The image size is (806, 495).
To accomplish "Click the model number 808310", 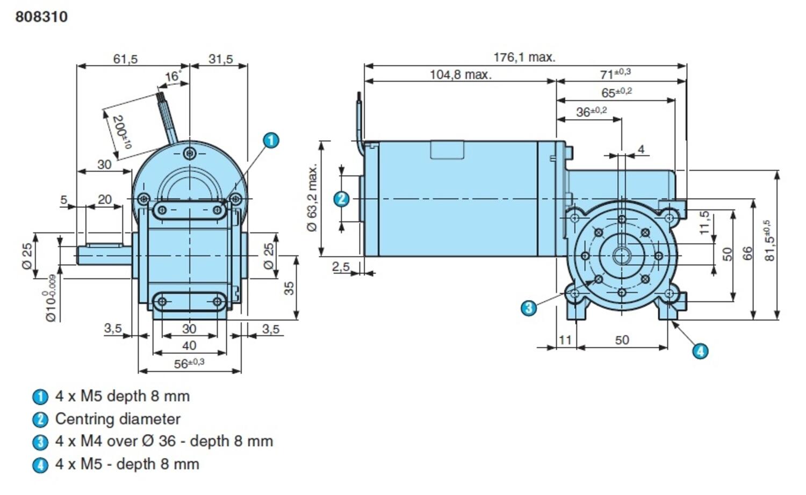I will coord(41,17).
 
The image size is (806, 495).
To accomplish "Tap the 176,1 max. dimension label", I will coord(524,57).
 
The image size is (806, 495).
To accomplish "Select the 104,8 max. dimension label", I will coord(460,75).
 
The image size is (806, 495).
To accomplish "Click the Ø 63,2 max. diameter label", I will coord(312,198).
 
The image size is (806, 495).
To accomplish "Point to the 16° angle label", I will coord(172,76).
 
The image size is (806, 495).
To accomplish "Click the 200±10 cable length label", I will coord(121,132).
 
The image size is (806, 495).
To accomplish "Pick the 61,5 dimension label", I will coord(125,59).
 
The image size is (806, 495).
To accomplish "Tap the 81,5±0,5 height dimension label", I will coord(769,241).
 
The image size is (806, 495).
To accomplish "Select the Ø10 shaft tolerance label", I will coord(51,299).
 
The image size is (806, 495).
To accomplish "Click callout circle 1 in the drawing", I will coord(271,140).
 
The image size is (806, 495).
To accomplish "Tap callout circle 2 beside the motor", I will coord(341,199).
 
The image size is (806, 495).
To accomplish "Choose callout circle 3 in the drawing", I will coord(529,308).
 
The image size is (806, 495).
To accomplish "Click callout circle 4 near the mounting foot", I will coord(700,351).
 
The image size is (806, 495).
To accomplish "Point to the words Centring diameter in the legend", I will coord(118,419).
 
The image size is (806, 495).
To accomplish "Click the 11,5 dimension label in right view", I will coord(704,222).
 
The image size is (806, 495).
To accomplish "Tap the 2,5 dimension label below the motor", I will coord(341,267).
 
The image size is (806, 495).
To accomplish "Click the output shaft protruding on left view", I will coord(104,254).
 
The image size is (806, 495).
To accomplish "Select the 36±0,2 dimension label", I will coord(591,112).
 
